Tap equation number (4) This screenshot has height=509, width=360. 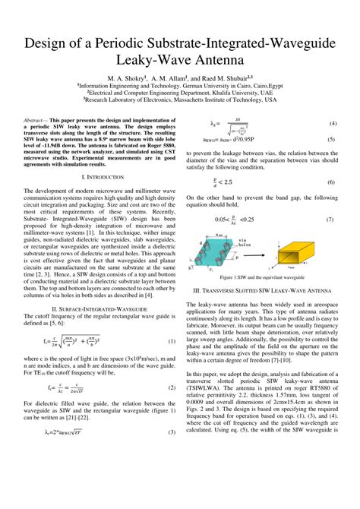click(x=332, y=123)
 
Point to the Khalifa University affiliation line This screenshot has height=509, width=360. click(x=180, y=93)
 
